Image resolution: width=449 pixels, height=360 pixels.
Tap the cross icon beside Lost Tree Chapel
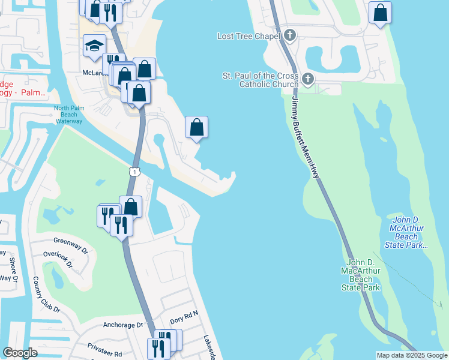pos(290,35)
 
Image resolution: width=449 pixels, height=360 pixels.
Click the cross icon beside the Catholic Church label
pos(307,79)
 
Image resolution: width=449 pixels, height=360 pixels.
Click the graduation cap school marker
pos(94,46)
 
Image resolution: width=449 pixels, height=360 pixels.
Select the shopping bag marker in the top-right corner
pos(380,13)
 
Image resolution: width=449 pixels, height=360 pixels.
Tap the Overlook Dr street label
pos(58,259)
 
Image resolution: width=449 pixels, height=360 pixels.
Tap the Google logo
pos(20,353)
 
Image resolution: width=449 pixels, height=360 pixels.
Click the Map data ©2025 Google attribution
pos(412,355)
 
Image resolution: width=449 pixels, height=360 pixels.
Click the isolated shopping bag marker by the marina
pos(196,127)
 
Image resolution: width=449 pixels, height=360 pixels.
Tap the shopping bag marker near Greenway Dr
pos(131,207)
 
